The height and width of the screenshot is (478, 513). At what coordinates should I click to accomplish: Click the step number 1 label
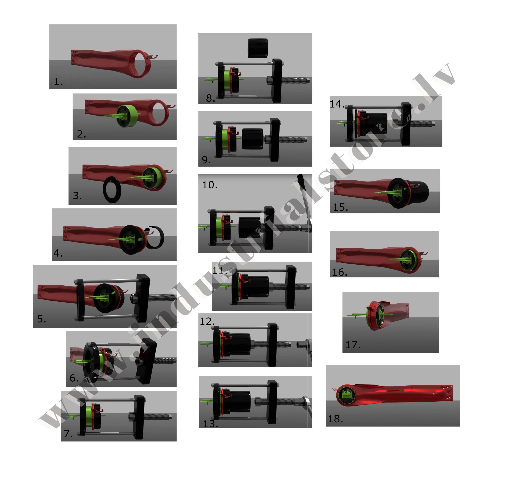58,82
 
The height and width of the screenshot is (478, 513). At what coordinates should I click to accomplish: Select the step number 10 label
210,185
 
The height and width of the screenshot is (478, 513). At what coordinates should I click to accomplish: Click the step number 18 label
335,419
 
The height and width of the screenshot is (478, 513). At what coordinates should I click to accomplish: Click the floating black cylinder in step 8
258,48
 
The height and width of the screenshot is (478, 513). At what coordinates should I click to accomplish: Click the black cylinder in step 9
253,139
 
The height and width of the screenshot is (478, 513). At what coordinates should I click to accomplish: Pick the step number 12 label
207,321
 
